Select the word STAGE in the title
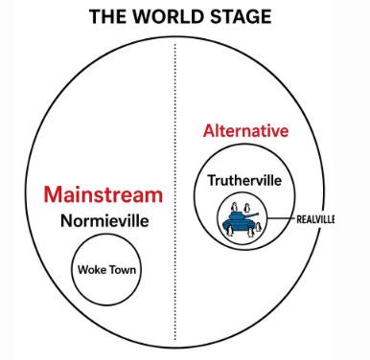241,16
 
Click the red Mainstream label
104,194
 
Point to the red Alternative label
245,131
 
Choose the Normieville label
104,220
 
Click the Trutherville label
244,181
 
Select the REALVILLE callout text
315,219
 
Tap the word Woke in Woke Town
92,270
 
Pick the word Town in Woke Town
122,270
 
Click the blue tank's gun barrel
252,214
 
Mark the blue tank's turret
237,215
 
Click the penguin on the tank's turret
235,207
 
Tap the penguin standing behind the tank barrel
246,208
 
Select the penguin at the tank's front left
229,231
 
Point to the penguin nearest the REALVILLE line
259,228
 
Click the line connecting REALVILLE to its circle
281,218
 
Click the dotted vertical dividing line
175,191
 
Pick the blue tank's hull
239,224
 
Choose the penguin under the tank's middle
251,233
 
